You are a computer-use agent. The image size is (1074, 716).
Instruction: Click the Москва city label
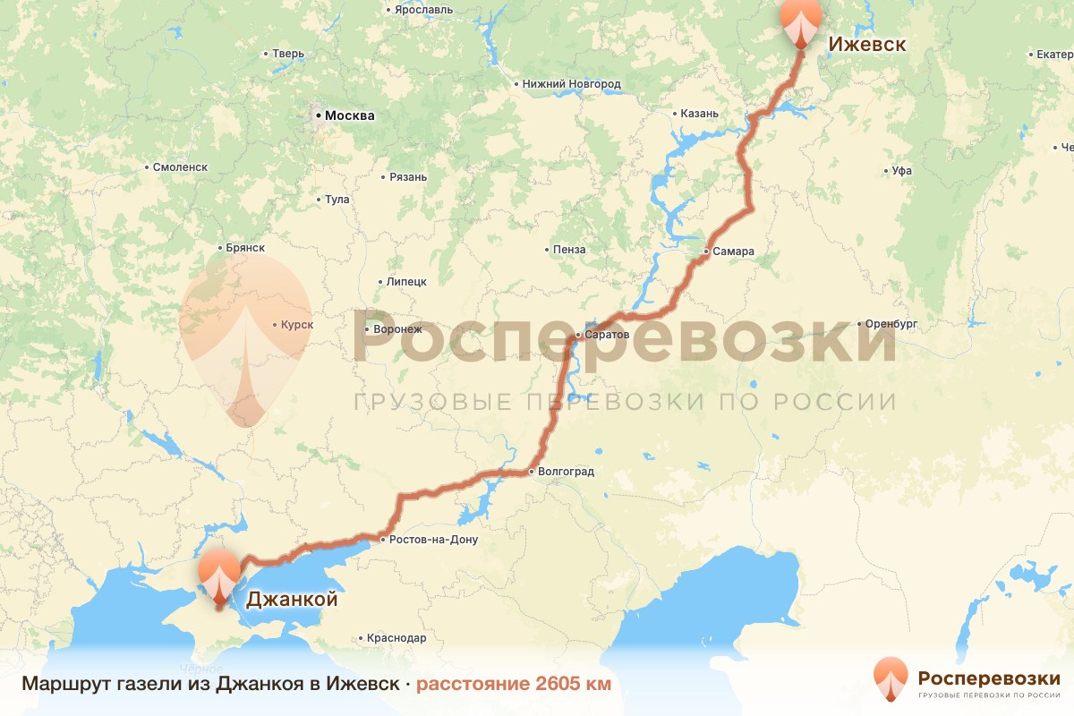coord(349,115)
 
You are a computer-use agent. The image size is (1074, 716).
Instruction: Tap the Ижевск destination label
coord(866,44)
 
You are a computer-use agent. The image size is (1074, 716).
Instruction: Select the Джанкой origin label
coord(292,600)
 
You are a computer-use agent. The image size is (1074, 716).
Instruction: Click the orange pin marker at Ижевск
coord(801,21)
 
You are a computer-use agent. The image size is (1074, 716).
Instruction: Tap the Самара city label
coord(734,251)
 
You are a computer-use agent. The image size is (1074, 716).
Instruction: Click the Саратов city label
coord(608,335)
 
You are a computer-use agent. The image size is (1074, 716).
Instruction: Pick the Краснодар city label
coord(396,638)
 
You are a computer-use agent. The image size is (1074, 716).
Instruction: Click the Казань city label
coord(700,114)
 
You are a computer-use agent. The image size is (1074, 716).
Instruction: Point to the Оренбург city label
coord(893,323)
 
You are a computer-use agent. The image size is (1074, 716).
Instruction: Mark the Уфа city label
coord(901,170)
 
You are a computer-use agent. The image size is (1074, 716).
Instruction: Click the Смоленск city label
coord(180,167)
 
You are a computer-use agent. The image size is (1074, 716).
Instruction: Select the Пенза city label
coord(570,250)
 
